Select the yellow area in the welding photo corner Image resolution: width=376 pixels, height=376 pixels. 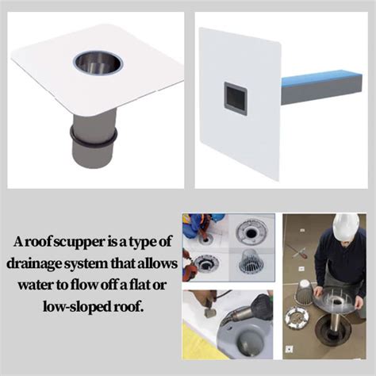pyautogui.click(x=194, y=349)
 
